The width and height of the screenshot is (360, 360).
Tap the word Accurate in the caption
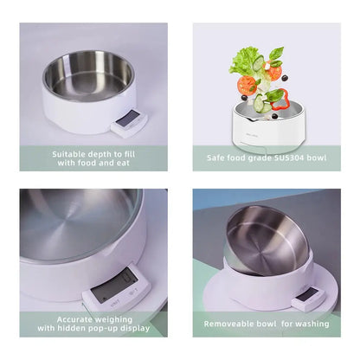[x=74, y=319]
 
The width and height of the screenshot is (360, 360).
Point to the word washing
[x=312, y=324]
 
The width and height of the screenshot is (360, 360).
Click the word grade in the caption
[x=260, y=158]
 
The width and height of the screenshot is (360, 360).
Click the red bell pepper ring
[x=279, y=100]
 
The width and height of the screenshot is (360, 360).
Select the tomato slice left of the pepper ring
[x=247, y=85]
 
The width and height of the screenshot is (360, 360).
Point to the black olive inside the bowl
[x=274, y=116]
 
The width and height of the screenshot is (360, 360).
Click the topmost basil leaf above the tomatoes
[x=276, y=53]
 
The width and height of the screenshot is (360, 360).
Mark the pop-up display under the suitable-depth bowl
[x=129, y=123]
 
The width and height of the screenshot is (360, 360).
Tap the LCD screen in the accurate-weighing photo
[x=114, y=286]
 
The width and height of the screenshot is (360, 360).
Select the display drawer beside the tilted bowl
[x=308, y=299]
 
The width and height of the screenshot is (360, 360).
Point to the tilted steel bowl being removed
[x=267, y=241]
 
